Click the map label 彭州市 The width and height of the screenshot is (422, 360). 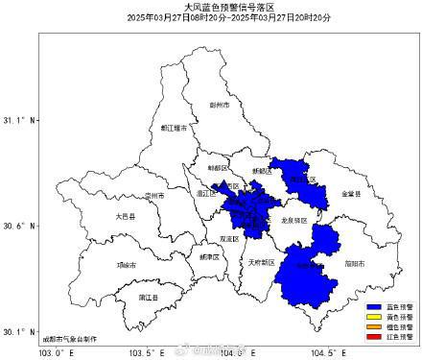[220, 105]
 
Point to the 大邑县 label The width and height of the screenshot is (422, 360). [125, 217]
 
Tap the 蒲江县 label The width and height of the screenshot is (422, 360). [148, 297]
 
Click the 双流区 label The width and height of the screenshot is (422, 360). [228, 237]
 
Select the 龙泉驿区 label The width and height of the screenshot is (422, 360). [293, 221]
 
